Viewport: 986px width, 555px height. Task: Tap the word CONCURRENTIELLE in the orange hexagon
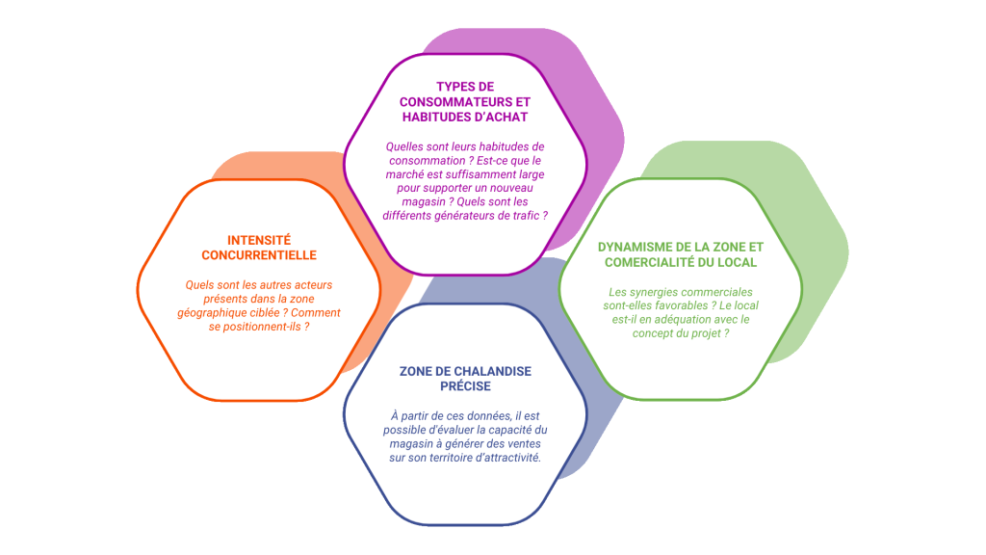259,255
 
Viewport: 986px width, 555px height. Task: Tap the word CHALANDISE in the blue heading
485,371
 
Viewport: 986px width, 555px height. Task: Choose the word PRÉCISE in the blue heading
464,386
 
